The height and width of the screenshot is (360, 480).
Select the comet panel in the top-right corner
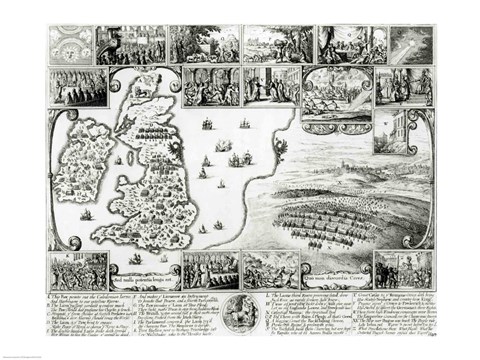point(410,44)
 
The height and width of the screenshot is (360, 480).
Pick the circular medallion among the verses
point(240,304)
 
